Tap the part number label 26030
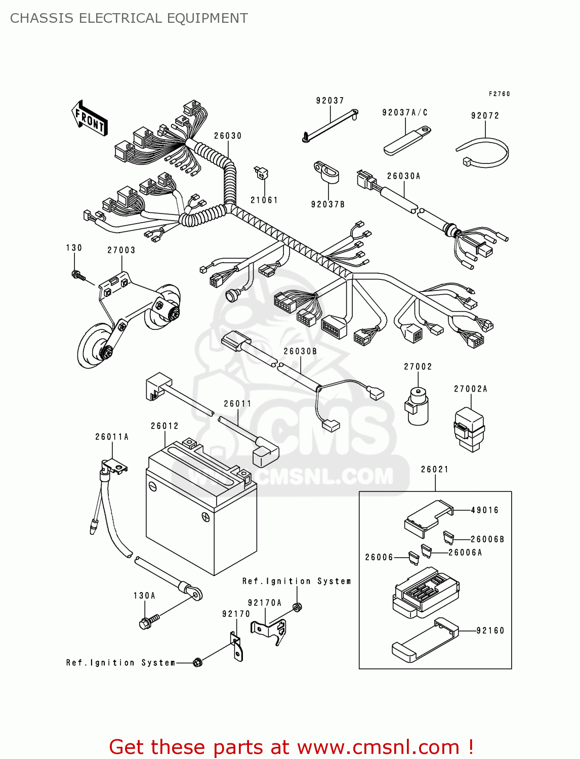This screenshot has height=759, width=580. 228,136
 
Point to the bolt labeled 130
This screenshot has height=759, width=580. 77,275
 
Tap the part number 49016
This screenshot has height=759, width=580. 485,510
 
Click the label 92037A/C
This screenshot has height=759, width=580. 405,112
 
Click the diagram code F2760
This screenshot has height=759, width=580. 499,94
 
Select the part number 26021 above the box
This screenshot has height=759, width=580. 435,469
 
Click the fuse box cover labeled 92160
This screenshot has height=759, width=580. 424,640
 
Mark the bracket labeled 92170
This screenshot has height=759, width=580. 236,646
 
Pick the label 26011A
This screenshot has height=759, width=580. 112,437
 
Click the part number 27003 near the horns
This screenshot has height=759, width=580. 121,250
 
